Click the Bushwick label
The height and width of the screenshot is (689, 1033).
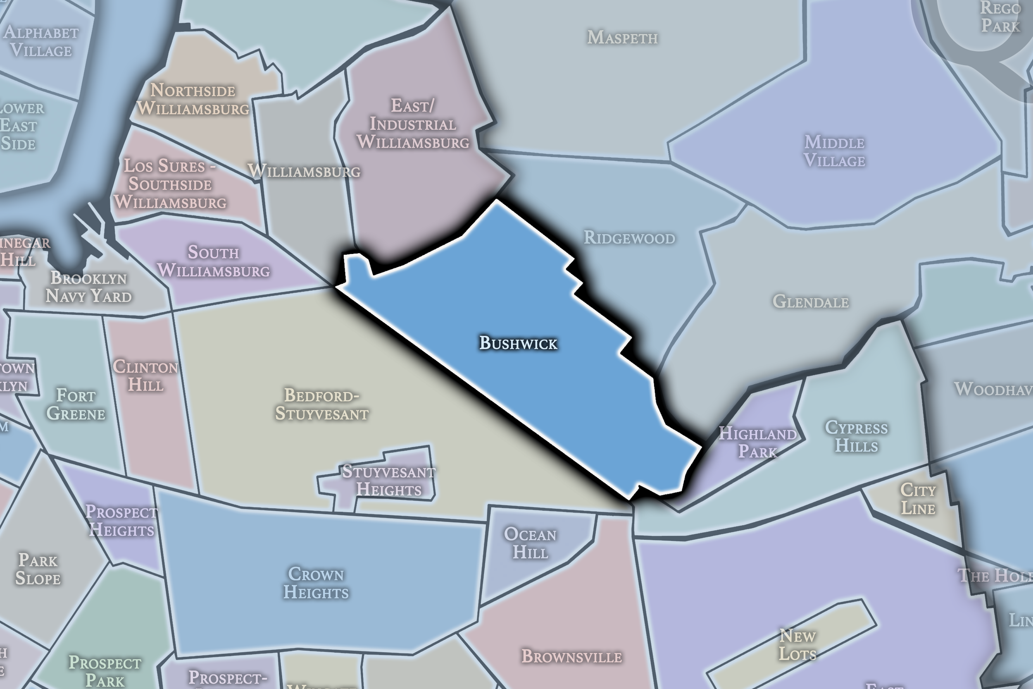pos(518,343)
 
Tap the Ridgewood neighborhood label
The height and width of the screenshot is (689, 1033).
pos(629,238)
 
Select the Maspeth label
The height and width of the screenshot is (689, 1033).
pos(622,37)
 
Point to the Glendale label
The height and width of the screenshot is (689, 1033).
pos(810,301)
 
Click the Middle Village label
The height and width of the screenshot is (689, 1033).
pos(834,151)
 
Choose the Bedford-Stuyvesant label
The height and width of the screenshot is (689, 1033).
pos(322,404)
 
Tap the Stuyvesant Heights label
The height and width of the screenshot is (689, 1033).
pos(388,480)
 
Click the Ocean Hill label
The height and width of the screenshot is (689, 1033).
pos(530,543)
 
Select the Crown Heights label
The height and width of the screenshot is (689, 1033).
pos(316,583)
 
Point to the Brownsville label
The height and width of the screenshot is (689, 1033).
pos(571,656)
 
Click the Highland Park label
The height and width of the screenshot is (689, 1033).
pos(758,442)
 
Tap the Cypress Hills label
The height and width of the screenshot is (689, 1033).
pos(856,436)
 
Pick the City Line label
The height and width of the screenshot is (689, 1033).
pos(918,499)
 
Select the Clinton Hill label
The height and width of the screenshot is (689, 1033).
pos(145,376)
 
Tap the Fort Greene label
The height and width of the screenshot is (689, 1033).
pos(76,404)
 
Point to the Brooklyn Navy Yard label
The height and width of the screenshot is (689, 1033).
pos(89,287)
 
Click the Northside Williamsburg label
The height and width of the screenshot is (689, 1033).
pos(193,99)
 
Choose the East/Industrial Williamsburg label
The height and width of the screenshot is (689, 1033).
pos(412,124)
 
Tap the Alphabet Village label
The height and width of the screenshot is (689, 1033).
pos(41,41)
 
